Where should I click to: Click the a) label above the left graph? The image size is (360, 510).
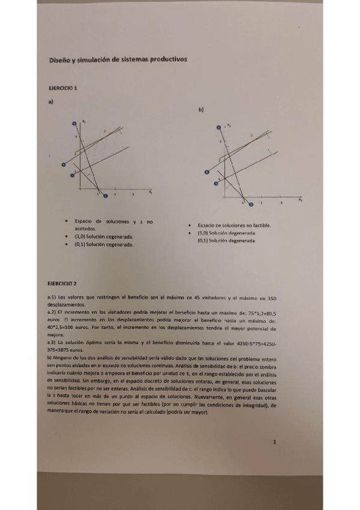pos(51,102)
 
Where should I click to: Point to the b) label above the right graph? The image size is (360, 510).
pos(201,111)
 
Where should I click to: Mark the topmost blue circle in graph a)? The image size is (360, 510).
pos(75,123)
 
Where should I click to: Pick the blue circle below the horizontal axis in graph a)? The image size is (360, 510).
pos(105,195)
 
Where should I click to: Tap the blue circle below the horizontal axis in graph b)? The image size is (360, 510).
pos(245,203)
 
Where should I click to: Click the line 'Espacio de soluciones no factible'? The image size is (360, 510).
pos(235,226)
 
